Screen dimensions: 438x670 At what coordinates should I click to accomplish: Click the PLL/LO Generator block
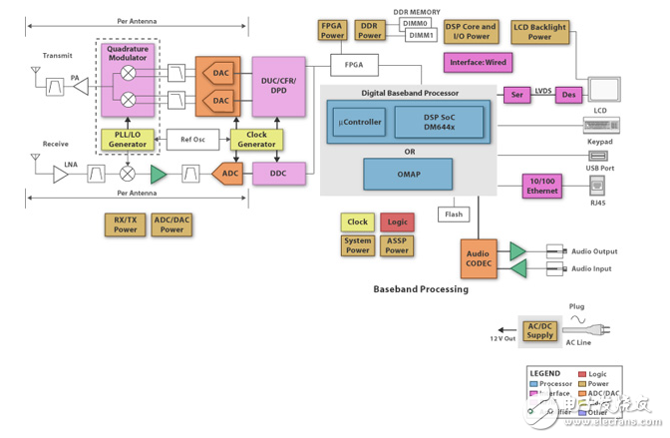[128, 139]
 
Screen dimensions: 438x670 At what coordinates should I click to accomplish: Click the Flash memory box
[453, 214]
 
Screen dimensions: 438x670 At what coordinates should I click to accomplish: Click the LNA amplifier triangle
[60, 174]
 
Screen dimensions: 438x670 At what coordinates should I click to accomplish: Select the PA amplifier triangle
[76, 86]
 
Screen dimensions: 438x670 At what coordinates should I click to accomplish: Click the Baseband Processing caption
[420, 289]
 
